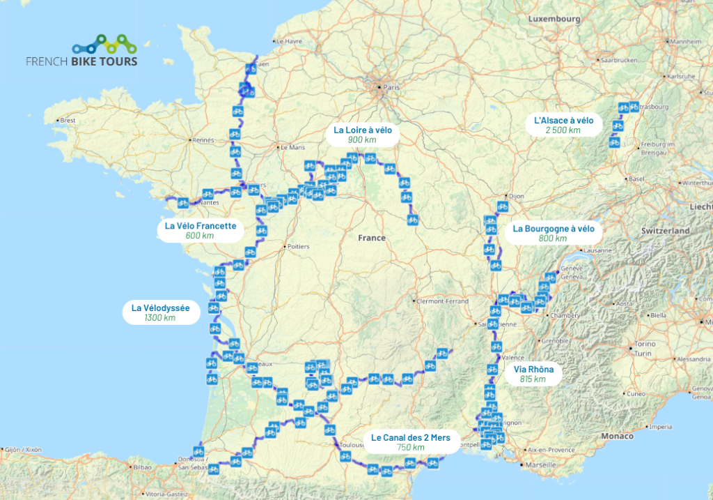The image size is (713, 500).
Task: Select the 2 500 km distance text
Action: (563, 130)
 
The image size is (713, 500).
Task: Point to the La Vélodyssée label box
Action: (160, 312)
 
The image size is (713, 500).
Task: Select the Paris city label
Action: (391, 88)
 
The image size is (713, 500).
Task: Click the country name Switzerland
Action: (666, 230)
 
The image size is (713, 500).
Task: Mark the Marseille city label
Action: (542, 465)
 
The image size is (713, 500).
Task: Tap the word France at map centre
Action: (371, 238)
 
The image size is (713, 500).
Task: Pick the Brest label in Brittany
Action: (68, 121)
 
